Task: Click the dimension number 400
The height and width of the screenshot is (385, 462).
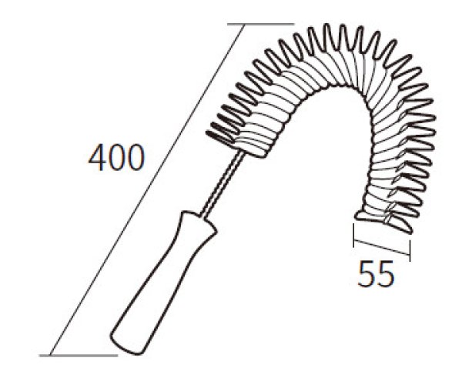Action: pyautogui.click(x=117, y=158)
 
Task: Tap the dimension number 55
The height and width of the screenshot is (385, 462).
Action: pyautogui.click(x=376, y=274)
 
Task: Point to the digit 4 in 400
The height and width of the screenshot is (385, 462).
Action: pyautogui.click(x=97, y=158)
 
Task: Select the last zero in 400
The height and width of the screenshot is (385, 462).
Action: pyautogui.click(x=136, y=158)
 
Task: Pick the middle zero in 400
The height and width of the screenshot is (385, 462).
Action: pyautogui.click(x=116, y=158)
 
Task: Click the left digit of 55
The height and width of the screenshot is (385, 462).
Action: pyautogui.click(x=366, y=274)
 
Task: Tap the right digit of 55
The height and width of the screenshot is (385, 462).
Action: pyautogui.click(x=385, y=274)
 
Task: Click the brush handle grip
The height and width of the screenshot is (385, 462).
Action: pyautogui.click(x=163, y=283)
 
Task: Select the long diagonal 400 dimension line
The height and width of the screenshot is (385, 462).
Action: pyautogui.click(x=147, y=190)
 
